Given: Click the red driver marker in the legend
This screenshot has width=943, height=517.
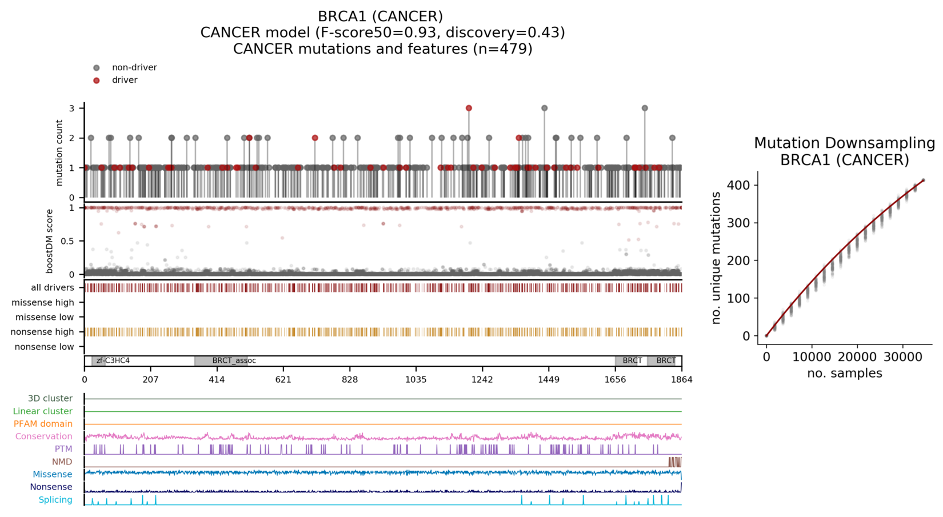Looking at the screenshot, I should pos(97,81).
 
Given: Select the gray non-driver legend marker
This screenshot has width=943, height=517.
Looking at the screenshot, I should pos(97,68).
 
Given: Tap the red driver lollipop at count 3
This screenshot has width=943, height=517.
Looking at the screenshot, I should pos(469,108).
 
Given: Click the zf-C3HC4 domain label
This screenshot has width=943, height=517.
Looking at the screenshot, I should pos(113,361).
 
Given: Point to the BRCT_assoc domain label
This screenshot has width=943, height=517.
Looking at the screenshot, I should pos(234,361).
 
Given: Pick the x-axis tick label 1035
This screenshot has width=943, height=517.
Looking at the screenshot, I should pos(415,379).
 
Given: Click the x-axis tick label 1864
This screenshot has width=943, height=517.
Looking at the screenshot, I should pos(681,379).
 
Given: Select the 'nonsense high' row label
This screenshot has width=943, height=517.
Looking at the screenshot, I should pos(42,332).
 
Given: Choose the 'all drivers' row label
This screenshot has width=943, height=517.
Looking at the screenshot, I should pos(52,288).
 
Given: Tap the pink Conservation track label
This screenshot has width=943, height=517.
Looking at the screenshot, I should pos(43,436).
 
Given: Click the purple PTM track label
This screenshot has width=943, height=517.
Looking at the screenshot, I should pos(63,449).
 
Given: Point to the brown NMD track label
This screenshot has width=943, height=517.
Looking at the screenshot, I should pos(62,462).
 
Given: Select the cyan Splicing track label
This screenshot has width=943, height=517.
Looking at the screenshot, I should pos(55,500).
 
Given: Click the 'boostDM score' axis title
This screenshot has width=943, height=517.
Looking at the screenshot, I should pos(50,241).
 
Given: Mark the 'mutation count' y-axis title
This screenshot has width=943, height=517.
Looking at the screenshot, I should pos(59,153).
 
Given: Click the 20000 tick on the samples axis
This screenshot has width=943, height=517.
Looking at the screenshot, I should pos(857,357).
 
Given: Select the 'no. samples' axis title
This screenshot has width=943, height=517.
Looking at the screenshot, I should pos(844,374).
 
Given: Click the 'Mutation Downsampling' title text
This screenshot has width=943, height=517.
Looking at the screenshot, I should pos(844,143).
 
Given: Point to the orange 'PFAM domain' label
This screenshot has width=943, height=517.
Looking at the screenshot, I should pos(43,424).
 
